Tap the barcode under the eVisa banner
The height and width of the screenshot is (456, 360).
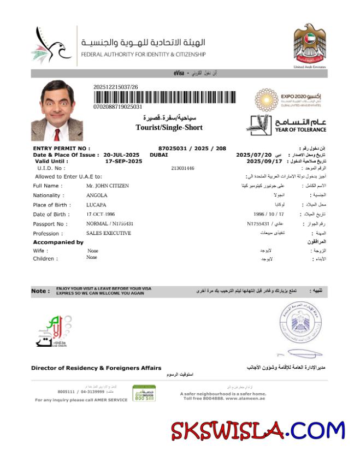(x=165, y=97)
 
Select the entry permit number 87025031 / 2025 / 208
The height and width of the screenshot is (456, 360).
(x=192, y=148)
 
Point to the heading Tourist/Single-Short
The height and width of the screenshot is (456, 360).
(x=169, y=127)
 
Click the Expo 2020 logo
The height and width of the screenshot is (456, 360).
(x=290, y=100)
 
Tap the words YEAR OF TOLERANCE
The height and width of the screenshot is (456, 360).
(x=300, y=129)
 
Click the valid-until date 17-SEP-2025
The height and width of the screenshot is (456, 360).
(x=123, y=161)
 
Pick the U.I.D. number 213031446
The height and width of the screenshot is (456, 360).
(x=182, y=168)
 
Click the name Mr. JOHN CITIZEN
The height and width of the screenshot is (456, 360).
(x=108, y=186)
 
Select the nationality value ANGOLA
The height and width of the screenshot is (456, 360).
(x=97, y=195)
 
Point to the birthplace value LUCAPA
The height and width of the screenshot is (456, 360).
(x=96, y=205)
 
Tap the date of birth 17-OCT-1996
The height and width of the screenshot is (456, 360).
(x=103, y=214)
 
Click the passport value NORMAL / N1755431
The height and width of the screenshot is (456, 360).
(x=110, y=224)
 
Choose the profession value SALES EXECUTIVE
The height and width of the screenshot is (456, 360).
(x=109, y=233)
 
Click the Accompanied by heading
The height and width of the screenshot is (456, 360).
(x=58, y=242)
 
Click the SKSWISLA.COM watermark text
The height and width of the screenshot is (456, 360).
(x=257, y=431)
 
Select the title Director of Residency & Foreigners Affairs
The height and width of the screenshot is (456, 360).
(x=96, y=368)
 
